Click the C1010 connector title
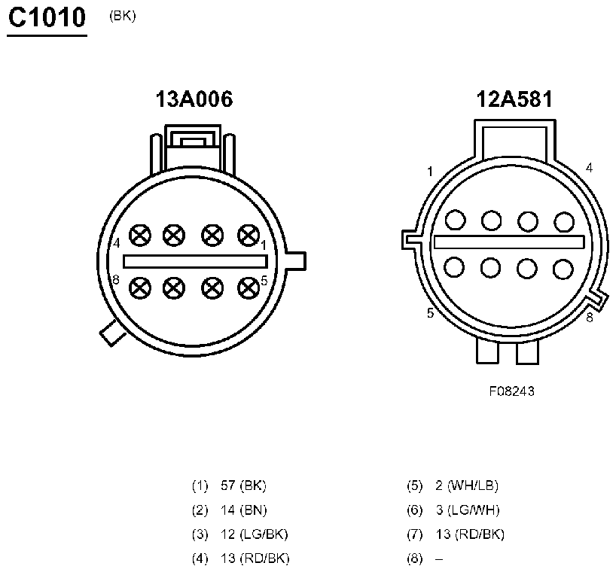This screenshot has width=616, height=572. click(x=47, y=17)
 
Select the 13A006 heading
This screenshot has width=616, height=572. click(x=194, y=99)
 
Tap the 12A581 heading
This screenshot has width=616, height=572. click(x=514, y=99)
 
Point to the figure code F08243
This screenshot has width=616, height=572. click(x=511, y=391)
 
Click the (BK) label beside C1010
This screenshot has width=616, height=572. click(x=123, y=16)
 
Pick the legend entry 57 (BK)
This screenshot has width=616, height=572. click(x=243, y=485)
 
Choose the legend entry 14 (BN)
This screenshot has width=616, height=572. click(x=243, y=510)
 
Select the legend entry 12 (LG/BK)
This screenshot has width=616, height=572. click(x=255, y=534)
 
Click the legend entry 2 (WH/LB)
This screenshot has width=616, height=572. click(x=467, y=485)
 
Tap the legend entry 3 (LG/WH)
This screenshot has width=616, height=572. click(x=468, y=510)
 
